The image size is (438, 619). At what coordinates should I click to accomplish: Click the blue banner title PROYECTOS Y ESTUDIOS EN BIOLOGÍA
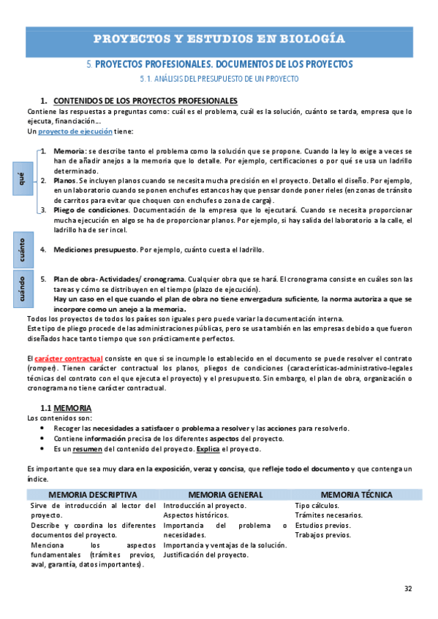pos(219,38)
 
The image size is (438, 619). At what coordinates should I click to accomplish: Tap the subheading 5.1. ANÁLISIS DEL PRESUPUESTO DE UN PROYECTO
pos(219,78)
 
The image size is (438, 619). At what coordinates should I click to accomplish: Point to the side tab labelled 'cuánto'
pos(21,250)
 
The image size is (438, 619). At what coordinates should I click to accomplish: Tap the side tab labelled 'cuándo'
pos(21,288)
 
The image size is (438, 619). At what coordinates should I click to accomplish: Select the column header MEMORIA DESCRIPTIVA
pos(92,494)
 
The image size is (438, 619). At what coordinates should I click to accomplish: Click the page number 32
pos(408,588)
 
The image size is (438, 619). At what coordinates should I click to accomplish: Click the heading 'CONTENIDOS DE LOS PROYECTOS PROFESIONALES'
pos(146,100)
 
